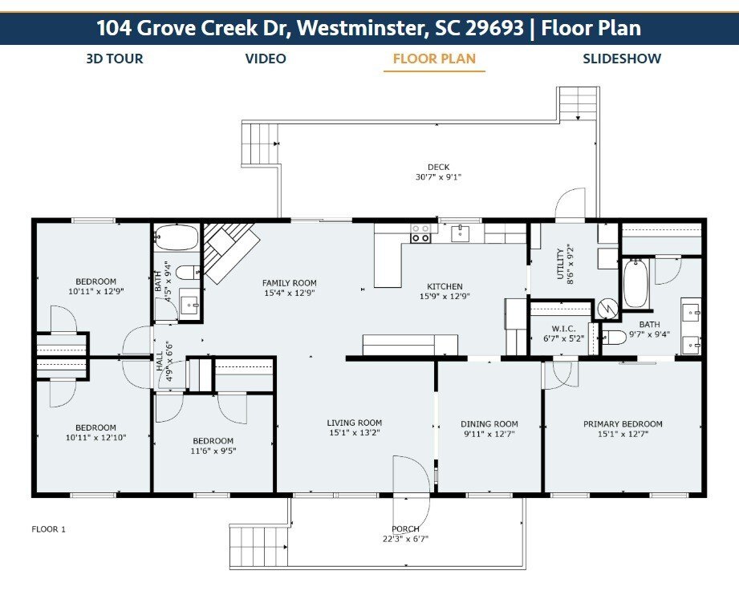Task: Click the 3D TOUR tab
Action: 115,59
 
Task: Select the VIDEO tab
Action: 266,59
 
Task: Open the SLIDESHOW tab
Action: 622,59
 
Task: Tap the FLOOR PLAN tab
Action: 434,59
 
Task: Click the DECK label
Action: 438,168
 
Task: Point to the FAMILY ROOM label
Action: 290,283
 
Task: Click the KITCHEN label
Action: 445,286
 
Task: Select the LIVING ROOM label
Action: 355,423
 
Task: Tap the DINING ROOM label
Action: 489,424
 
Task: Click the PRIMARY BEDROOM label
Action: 623,424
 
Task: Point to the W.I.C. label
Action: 563,328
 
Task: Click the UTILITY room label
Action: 560,265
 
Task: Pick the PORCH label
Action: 405,529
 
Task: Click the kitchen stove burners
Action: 420,233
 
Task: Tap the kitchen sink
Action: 460,233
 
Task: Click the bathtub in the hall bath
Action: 177,237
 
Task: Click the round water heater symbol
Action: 608,309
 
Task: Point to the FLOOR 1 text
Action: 48,529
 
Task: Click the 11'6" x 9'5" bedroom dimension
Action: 213,451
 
